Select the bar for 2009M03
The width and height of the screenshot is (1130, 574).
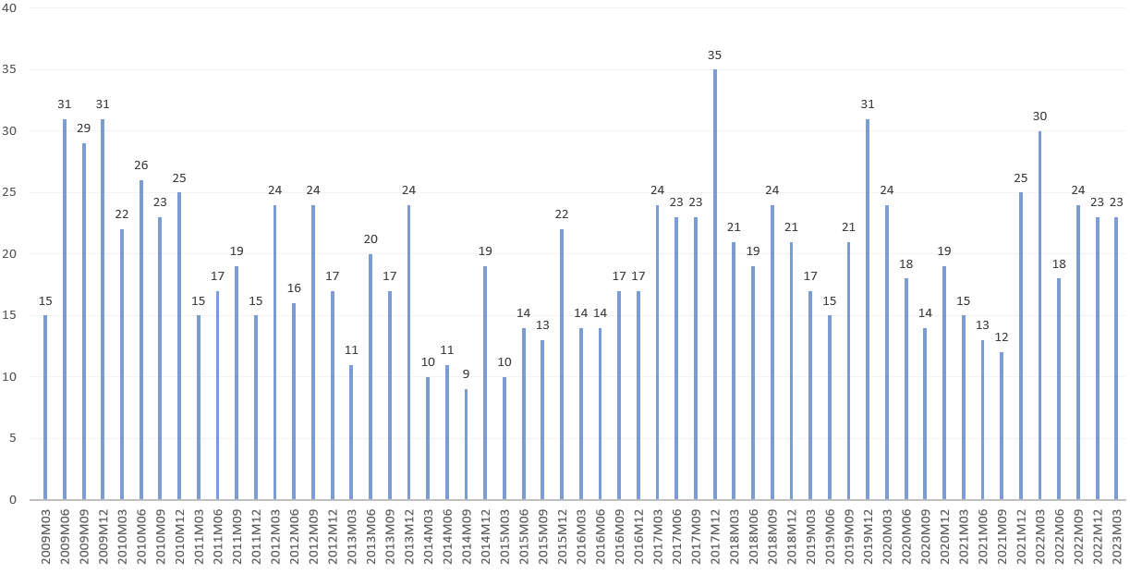click(x=45, y=407)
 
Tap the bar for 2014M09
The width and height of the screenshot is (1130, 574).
click(x=466, y=444)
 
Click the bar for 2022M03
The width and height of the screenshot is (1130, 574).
click(x=1039, y=315)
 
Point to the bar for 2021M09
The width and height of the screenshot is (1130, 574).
click(x=1002, y=425)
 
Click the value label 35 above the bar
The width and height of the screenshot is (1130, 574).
click(x=714, y=55)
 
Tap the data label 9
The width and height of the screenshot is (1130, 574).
click(x=466, y=374)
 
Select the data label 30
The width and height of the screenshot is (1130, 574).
click(x=1039, y=116)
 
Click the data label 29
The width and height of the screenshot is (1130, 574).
click(x=83, y=128)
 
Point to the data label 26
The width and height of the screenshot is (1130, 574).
click(x=140, y=165)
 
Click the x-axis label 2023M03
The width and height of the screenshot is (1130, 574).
click(x=1116, y=537)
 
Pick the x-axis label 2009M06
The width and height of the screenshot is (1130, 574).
click(x=65, y=537)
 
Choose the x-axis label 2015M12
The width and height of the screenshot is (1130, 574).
click(x=562, y=537)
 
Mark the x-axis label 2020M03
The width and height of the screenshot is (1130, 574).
click(x=887, y=537)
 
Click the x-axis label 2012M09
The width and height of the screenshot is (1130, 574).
click(x=313, y=537)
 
